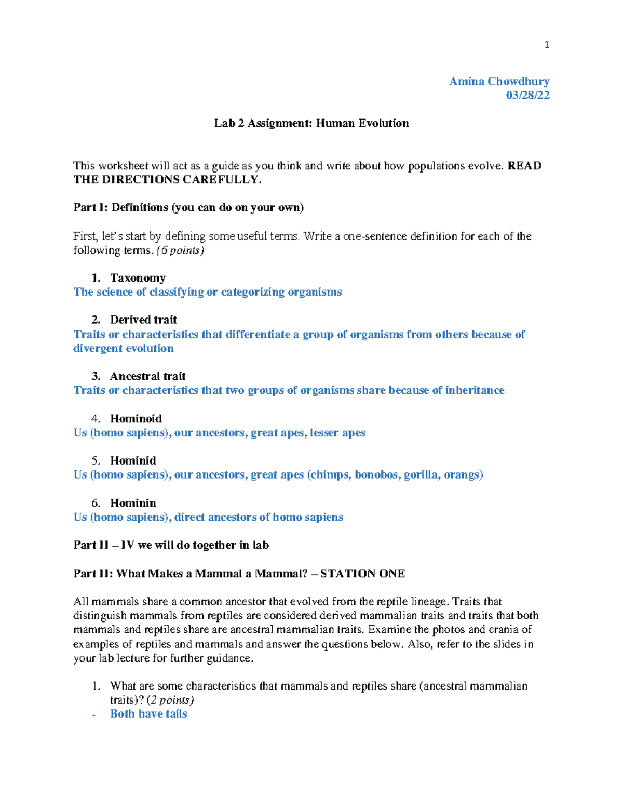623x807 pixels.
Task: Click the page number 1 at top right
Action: click(546, 45)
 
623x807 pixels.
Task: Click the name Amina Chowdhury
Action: click(499, 82)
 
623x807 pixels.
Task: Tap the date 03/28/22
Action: click(527, 95)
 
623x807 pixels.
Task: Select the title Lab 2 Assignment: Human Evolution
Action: click(311, 123)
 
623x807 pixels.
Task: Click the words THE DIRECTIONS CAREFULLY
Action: click(167, 180)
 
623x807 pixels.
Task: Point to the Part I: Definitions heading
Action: click(188, 208)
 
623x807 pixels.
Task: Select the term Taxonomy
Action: click(138, 278)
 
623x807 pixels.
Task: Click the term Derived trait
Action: click(143, 320)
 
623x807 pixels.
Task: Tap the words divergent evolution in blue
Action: click(124, 349)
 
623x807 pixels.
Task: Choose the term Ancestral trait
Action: click(147, 376)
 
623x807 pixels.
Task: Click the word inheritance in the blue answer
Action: click(475, 390)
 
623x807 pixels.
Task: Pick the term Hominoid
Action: click(136, 419)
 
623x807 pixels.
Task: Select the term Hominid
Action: click(133, 460)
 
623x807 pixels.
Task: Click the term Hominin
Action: click(133, 503)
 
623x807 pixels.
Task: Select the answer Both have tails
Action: click(148, 714)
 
